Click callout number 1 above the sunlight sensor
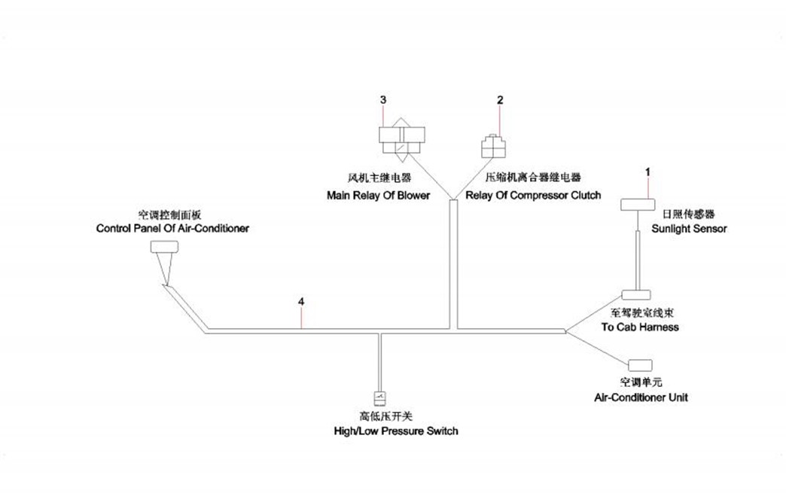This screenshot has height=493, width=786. click(647, 172)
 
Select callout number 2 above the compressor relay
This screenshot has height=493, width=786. click(499, 99)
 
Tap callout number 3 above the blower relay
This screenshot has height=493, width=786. click(383, 99)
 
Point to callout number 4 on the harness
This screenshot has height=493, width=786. click(301, 302)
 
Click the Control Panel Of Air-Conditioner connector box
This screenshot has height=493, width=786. click(164, 246)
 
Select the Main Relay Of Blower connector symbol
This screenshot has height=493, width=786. click(403, 137)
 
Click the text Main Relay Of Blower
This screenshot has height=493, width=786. click(378, 196)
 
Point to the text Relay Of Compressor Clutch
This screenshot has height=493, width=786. click(533, 196)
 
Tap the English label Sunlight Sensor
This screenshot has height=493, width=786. click(689, 229)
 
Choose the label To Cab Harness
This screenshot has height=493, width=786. click(640, 327)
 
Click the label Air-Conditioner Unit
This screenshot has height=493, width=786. click(641, 397)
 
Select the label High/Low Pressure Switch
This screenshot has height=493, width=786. click(396, 431)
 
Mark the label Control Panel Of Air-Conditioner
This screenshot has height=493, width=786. click(172, 228)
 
